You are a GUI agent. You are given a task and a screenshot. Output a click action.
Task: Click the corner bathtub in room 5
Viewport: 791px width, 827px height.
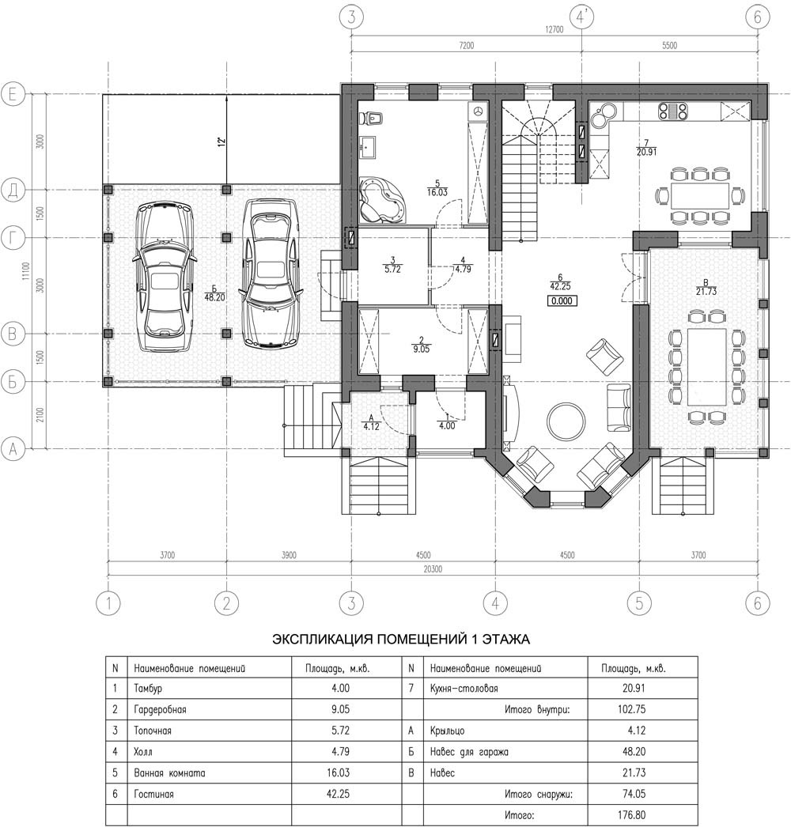pyautogui.click(x=382, y=199)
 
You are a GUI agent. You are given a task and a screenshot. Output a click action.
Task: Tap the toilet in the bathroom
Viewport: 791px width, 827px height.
pyautogui.click(x=373, y=118)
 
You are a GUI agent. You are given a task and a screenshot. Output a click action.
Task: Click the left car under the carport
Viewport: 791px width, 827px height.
pyautogui.click(x=165, y=277)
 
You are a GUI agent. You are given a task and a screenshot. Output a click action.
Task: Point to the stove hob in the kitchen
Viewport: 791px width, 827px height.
pyautogui.click(x=672, y=111)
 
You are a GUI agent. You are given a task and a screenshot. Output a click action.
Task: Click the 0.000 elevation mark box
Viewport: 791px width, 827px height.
pyautogui.click(x=562, y=301)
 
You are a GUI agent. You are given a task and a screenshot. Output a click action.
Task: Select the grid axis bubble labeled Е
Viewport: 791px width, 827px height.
pyautogui.click(x=13, y=95)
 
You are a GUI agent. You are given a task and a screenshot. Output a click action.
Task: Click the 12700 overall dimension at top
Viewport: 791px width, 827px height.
pyautogui.click(x=554, y=29)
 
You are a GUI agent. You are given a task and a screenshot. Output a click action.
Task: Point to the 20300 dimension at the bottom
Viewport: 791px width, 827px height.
pyautogui.click(x=433, y=569)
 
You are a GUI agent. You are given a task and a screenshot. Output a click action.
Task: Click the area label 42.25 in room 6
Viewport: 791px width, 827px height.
pyautogui.click(x=560, y=286)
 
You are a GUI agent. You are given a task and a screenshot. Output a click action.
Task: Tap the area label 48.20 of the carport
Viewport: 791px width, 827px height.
pyautogui.click(x=214, y=297)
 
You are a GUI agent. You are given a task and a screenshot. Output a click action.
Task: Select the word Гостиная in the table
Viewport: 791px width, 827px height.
pyautogui.click(x=153, y=794)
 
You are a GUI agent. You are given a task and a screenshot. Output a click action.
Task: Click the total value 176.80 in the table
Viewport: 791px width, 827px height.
pyautogui.click(x=631, y=815)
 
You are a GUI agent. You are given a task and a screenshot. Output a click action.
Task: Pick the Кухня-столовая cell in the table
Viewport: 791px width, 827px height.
pyautogui.click(x=464, y=689)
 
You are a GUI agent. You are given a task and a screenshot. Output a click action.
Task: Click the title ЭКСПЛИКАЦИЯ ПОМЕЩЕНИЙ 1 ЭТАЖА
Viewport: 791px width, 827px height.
pyautogui.click(x=401, y=640)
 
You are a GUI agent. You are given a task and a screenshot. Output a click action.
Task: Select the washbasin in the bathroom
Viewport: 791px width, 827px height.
pyautogui.click(x=367, y=145)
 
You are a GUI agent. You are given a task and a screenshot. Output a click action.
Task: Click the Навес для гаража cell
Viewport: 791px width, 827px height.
pyautogui.click(x=469, y=752)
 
